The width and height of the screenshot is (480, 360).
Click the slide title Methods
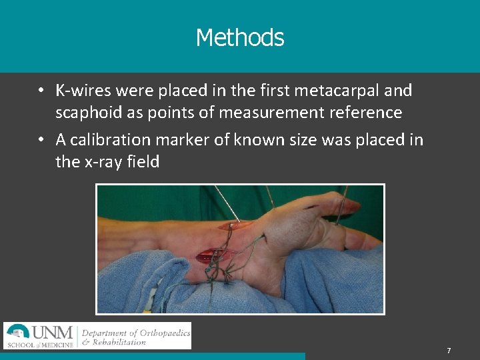(x=240, y=38)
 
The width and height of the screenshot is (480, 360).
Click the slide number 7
(x=449, y=351)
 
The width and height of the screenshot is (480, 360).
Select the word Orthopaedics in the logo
(x=158, y=332)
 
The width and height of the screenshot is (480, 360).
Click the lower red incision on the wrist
(x=211, y=255)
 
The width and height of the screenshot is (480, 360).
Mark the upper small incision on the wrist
(x=233, y=226)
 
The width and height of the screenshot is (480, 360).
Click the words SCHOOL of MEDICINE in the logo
(x=40, y=345)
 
